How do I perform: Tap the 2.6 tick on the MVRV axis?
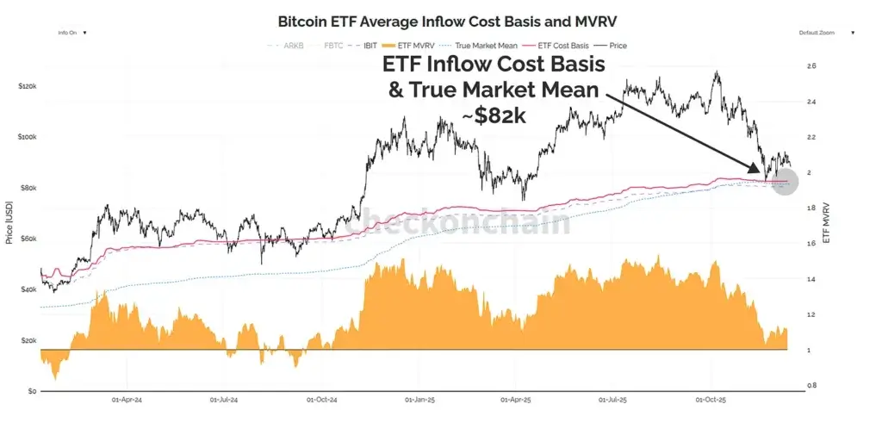pyautogui.click(x=811, y=66)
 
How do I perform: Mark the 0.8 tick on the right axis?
pyautogui.click(x=811, y=385)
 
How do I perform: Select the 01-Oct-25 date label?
pyautogui.click(x=711, y=400)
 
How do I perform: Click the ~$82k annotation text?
pyautogui.click(x=500, y=116)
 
